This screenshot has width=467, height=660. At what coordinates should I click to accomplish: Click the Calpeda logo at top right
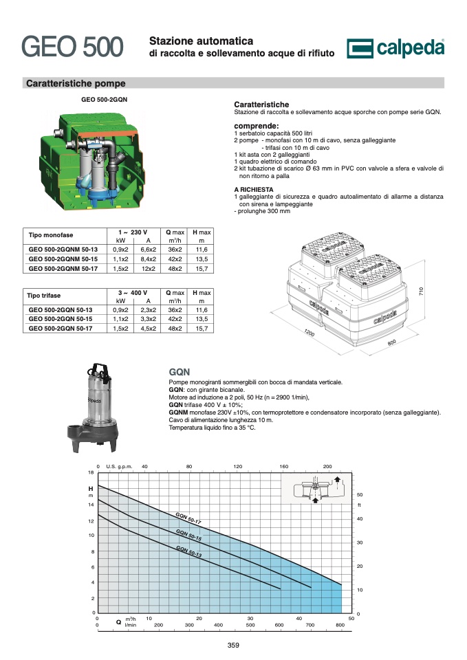(395, 48)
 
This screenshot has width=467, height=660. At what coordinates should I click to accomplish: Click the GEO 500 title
(72, 46)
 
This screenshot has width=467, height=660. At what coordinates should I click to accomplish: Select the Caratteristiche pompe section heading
(76, 83)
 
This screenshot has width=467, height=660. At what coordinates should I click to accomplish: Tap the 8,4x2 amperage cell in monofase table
(149, 259)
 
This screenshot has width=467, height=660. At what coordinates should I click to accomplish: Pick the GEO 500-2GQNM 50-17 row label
(63, 269)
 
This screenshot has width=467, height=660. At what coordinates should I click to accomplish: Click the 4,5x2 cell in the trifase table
(149, 329)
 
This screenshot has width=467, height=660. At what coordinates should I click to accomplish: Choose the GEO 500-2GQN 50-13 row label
(61, 310)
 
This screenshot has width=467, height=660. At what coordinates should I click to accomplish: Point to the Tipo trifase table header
(44, 296)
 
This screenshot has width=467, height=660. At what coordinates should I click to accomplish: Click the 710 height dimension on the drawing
(421, 291)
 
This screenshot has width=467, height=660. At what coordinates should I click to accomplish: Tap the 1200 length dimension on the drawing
(309, 333)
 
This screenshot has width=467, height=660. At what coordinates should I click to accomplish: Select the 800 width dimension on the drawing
(391, 342)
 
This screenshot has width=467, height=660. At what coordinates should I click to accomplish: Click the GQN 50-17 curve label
(188, 518)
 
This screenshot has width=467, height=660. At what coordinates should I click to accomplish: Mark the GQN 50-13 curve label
(188, 551)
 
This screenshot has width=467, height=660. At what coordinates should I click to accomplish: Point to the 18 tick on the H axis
(91, 473)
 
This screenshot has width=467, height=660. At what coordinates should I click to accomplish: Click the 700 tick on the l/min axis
(310, 625)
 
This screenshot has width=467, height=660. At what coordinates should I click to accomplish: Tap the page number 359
(233, 646)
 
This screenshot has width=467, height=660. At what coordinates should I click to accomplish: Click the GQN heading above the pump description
(180, 372)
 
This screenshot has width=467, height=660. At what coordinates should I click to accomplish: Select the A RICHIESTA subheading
(254, 190)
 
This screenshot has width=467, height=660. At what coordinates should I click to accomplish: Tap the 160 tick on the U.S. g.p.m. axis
(284, 466)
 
